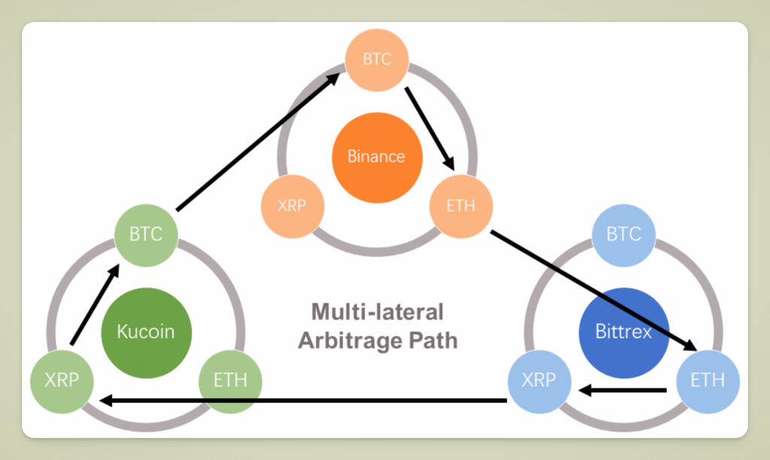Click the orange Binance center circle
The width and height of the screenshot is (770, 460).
click(x=377, y=157)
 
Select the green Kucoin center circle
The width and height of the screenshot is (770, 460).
click(x=147, y=332)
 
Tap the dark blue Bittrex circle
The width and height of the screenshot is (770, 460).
click(x=623, y=331)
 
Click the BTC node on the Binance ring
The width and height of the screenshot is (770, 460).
click(x=377, y=59)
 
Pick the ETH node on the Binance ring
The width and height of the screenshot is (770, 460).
click(x=460, y=206)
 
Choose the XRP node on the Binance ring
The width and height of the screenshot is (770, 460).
click(x=292, y=206)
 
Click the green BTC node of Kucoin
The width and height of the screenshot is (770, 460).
click(x=146, y=234)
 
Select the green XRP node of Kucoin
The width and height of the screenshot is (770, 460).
click(x=62, y=380)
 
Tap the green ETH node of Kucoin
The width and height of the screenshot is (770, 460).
click(x=230, y=380)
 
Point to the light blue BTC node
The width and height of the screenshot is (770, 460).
click(x=623, y=234)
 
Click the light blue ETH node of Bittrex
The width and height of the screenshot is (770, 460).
click(x=708, y=380)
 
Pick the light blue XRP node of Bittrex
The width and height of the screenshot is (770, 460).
click(x=539, y=380)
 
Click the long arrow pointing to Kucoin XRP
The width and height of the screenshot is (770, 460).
click(x=301, y=400)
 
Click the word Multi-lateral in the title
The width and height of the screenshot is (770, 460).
click(x=377, y=312)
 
